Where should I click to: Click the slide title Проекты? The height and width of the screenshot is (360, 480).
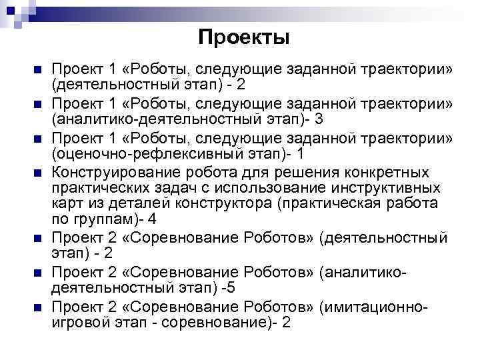pyautogui.click(x=244, y=37)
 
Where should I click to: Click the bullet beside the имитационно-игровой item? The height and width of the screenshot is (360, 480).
pyautogui.click(x=37, y=307)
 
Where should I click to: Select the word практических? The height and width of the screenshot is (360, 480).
pyautogui.click(x=97, y=187)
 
